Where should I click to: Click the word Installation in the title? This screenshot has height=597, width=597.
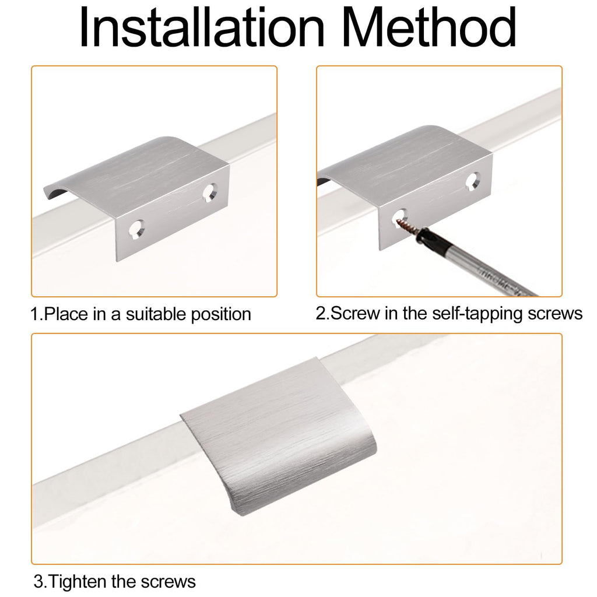click(x=201, y=27)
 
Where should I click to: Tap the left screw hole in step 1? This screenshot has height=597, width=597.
click(x=136, y=230)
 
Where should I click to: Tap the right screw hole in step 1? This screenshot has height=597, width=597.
click(x=210, y=192)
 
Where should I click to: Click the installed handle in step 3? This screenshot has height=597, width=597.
click(x=278, y=436)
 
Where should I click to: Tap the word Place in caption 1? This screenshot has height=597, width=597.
click(x=66, y=314)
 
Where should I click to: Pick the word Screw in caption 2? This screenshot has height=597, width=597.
click(x=356, y=314)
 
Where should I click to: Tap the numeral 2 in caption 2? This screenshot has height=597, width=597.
click(x=321, y=314)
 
